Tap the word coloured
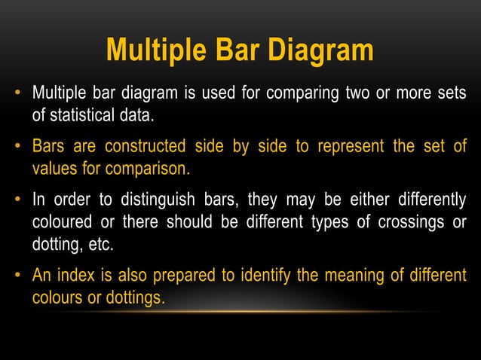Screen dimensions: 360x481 (x=59, y=222)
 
